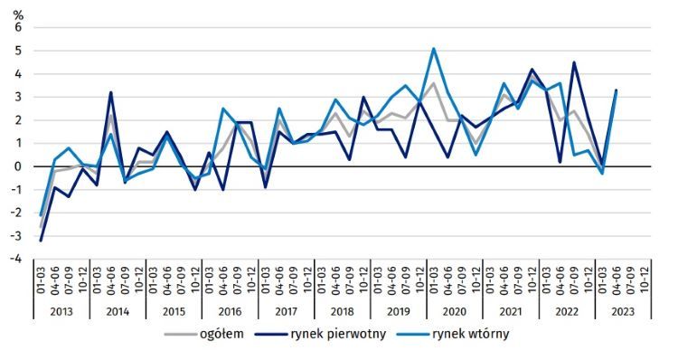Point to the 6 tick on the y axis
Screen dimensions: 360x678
point(16,27)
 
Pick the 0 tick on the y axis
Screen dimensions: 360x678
point(16,166)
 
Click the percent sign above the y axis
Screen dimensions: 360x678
point(16,12)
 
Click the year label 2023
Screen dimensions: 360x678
point(623,310)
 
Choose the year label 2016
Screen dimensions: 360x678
point(230,310)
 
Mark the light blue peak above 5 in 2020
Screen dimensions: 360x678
point(434,49)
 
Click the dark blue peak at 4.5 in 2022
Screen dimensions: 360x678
point(574,62)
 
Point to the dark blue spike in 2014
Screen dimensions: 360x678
point(111,92)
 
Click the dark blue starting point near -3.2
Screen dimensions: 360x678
point(41,240)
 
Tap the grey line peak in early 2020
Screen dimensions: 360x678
point(434,83)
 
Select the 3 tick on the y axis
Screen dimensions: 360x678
point(16,97)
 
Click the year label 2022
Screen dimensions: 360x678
point(567,310)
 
